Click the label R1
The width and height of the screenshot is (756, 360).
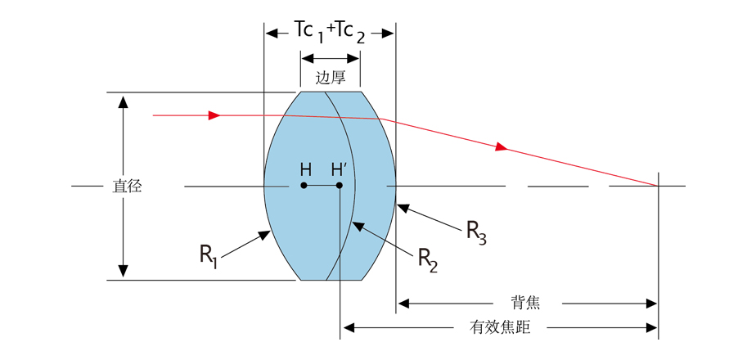(x=209, y=254)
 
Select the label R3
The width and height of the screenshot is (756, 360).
(x=477, y=232)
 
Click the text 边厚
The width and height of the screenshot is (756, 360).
(x=330, y=78)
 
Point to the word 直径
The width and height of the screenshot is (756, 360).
(x=127, y=187)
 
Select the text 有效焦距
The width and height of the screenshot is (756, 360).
(x=500, y=328)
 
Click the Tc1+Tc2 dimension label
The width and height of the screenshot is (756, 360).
(x=330, y=31)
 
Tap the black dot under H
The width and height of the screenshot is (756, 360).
(x=304, y=186)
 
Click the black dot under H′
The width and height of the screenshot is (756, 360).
(x=340, y=186)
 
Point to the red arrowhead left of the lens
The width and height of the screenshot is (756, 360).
(x=214, y=115)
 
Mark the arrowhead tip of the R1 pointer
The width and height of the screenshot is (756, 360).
(x=269, y=232)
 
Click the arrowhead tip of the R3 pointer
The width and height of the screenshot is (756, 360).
(x=398, y=206)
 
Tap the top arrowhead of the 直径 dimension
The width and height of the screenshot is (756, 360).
(x=123, y=99)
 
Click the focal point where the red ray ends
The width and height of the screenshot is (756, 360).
(x=658, y=186)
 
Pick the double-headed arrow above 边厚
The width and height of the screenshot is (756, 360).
(x=330, y=58)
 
